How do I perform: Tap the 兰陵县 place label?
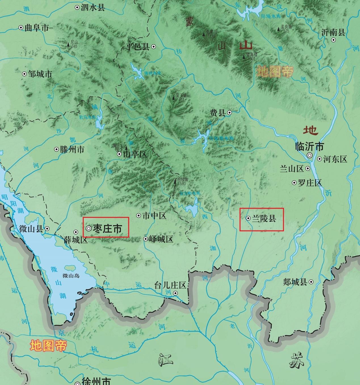click(x=264, y=219)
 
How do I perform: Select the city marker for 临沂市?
click(x=310, y=155)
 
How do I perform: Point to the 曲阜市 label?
click(x=37, y=28)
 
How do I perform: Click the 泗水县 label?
click(x=93, y=8)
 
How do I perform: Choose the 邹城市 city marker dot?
click(x=24, y=74)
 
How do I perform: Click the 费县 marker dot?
click(x=230, y=113)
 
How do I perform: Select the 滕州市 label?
click(x=72, y=150)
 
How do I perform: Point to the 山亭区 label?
click(x=135, y=154)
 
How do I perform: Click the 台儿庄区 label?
click(x=170, y=285)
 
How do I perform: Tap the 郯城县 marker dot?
click(x=311, y=282)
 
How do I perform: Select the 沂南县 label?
click(x=333, y=33)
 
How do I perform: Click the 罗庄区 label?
click(x=310, y=183)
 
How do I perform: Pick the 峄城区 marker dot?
click(x=146, y=239)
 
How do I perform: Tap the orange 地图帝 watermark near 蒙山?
click(x=274, y=71)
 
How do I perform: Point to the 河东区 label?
click(x=335, y=159)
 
